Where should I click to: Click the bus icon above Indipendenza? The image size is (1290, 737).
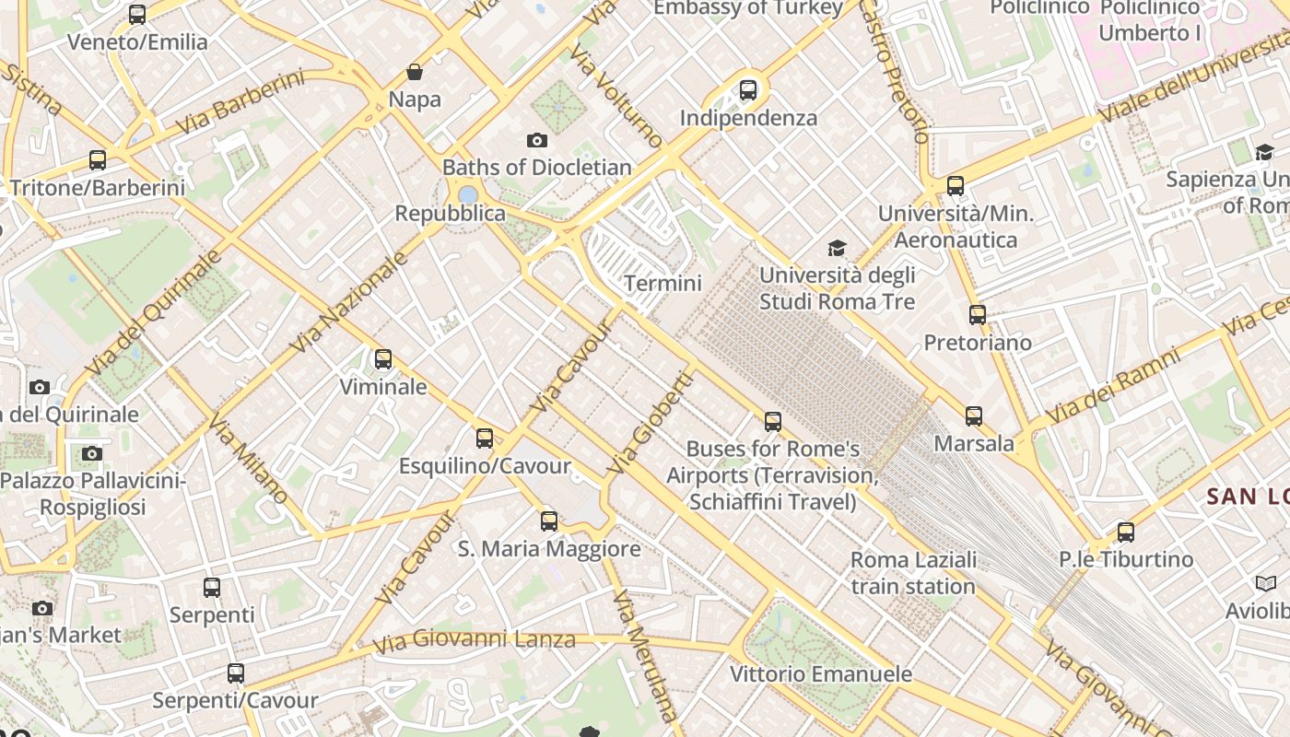coord(748,90)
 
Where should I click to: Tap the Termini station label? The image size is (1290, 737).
coord(663,284)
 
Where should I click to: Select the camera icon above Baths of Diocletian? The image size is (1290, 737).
coord(537,140)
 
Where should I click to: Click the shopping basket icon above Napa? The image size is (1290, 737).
coord(415,72)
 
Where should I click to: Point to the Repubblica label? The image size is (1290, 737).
coord(451,214)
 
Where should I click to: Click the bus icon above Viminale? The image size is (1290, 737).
coord(383,359)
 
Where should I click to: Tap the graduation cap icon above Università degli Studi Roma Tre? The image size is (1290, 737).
coord(837,248)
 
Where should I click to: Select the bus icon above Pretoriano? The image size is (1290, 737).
coord(978,315)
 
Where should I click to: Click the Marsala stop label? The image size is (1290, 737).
coord(974,444)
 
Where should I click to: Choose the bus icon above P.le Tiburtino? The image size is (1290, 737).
coord(1126,532)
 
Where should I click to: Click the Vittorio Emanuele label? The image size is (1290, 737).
coord(821,674)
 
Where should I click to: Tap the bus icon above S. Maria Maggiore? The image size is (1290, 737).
coord(549,521)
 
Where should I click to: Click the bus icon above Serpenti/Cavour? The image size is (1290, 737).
coord(236,673)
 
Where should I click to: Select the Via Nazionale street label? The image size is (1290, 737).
coord(349,301)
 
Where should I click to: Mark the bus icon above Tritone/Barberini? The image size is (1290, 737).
coord(98,160)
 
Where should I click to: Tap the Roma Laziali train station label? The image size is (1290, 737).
coord(913,573)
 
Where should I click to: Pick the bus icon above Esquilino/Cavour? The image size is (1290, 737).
coord(485,439)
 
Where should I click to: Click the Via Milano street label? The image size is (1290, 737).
coord(249,459)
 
